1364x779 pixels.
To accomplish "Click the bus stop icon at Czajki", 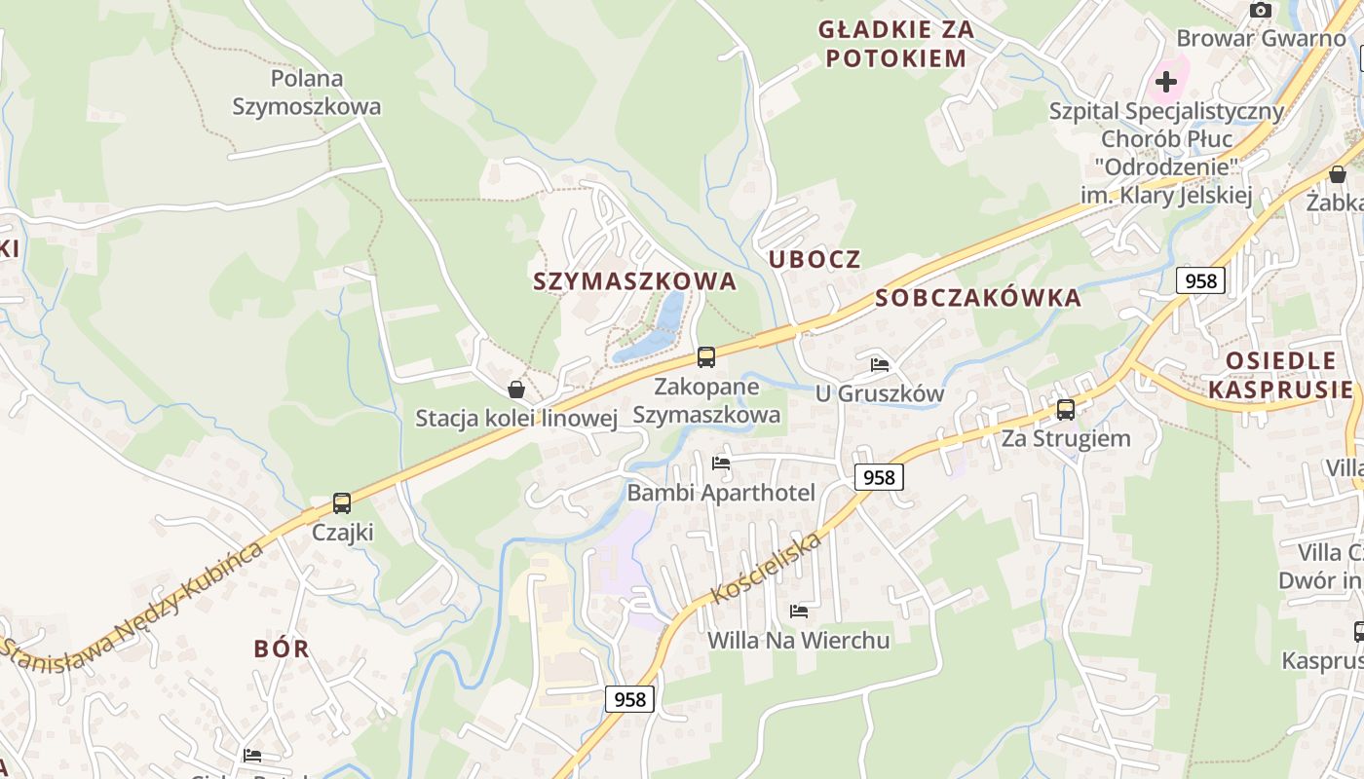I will click(x=341, y=503).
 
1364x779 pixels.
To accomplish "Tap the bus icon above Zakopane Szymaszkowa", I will click(x=705, y=357).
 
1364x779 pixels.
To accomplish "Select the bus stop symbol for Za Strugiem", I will click(x=1066, y=409).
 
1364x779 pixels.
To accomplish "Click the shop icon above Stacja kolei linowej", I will click(x=516, y=389).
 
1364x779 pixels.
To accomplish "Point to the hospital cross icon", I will click(x=1166, y=81).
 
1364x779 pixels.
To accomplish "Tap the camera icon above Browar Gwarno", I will click(x=1261, y=10).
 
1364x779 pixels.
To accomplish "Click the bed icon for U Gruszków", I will click(x=880, y=365).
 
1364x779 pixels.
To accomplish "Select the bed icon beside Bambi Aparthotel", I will click(x=721, y=463).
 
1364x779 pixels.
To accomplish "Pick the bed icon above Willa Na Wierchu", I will click(x=799, y=612).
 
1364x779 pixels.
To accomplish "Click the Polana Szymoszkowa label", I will click(x=307, y=93).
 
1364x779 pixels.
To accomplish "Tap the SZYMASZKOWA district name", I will click(x=634, y=281).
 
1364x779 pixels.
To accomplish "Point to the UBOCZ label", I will click(x=815, y=259).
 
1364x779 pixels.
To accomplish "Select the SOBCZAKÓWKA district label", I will click(x=978, y=298).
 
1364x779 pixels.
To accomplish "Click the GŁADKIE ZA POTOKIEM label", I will click(x=895, y=44).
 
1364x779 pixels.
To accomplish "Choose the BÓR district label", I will click(x=282, y=649).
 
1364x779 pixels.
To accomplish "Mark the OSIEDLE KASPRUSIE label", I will click(x=1280, y=375).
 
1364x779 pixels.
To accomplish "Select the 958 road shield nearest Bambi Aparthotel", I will click(x=879, y=477).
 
